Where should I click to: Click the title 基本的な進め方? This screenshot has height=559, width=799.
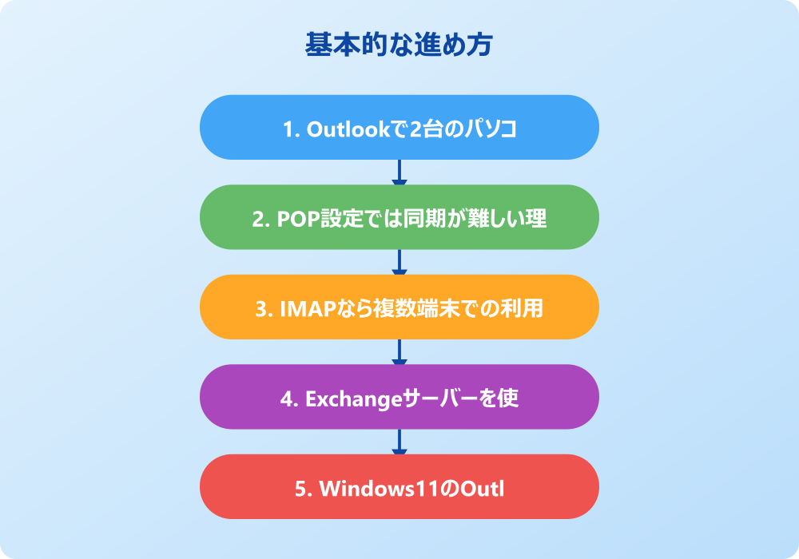point(399,45)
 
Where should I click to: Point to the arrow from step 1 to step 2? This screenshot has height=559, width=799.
point(399,172)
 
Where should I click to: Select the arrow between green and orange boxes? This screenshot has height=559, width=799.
point(399,262)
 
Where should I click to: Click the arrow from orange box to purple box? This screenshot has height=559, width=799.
point(399,351)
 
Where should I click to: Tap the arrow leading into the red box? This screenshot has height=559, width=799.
point(399,442)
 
